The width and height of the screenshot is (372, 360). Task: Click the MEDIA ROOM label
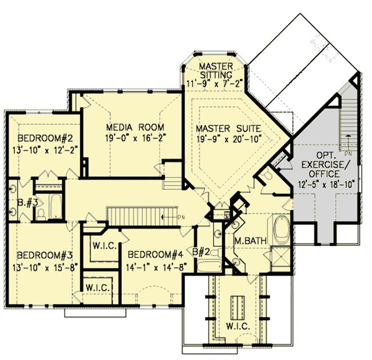coord(135,127)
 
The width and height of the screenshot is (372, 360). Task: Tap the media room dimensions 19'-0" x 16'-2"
coord(135,137)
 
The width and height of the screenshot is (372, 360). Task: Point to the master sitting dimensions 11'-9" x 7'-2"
coord(215,83)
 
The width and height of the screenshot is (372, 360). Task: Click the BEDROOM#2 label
coord(43,139)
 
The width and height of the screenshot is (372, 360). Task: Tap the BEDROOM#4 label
coord(155,254)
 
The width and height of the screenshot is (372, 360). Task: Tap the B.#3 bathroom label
coord(19,201)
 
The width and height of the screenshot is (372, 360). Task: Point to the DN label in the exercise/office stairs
coord(349,153)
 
